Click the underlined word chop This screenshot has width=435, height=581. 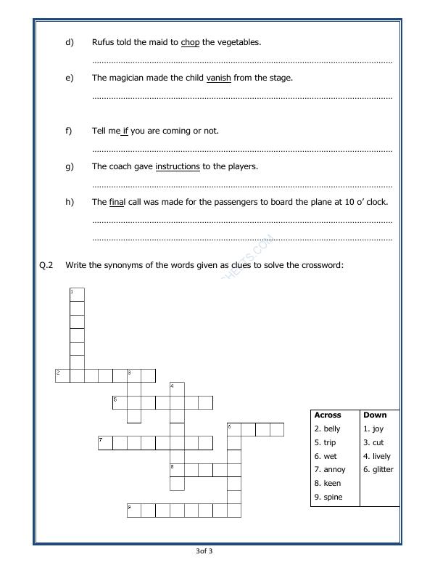click(x=190, y=42)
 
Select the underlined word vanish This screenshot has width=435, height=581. click(x=218, y=78)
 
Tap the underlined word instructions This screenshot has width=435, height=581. click(x=178, y=167)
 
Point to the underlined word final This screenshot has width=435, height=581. click(x=117, y=202)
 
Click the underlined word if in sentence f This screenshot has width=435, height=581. click(x=125, y=131)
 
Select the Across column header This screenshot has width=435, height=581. click(x=328, y=415)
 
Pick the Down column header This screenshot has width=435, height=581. click(x=375, y=415)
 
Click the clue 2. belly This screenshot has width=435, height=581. click(x=328, y=429)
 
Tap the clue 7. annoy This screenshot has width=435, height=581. click(x=330, y=470)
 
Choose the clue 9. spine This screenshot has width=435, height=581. click(x=328, y=497)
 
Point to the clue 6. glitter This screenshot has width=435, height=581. click(x=378, y=470)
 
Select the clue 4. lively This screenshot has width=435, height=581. click(x=377, y=457)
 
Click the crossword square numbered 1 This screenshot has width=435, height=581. click(x=77, y=294)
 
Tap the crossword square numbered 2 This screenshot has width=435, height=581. click(x=62, y=375)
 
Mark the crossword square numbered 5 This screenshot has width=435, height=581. click(x=120, y=402)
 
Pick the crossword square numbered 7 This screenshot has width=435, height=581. click(x=105, y=443)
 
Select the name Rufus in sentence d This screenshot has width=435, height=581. click(x=103, y=42)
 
